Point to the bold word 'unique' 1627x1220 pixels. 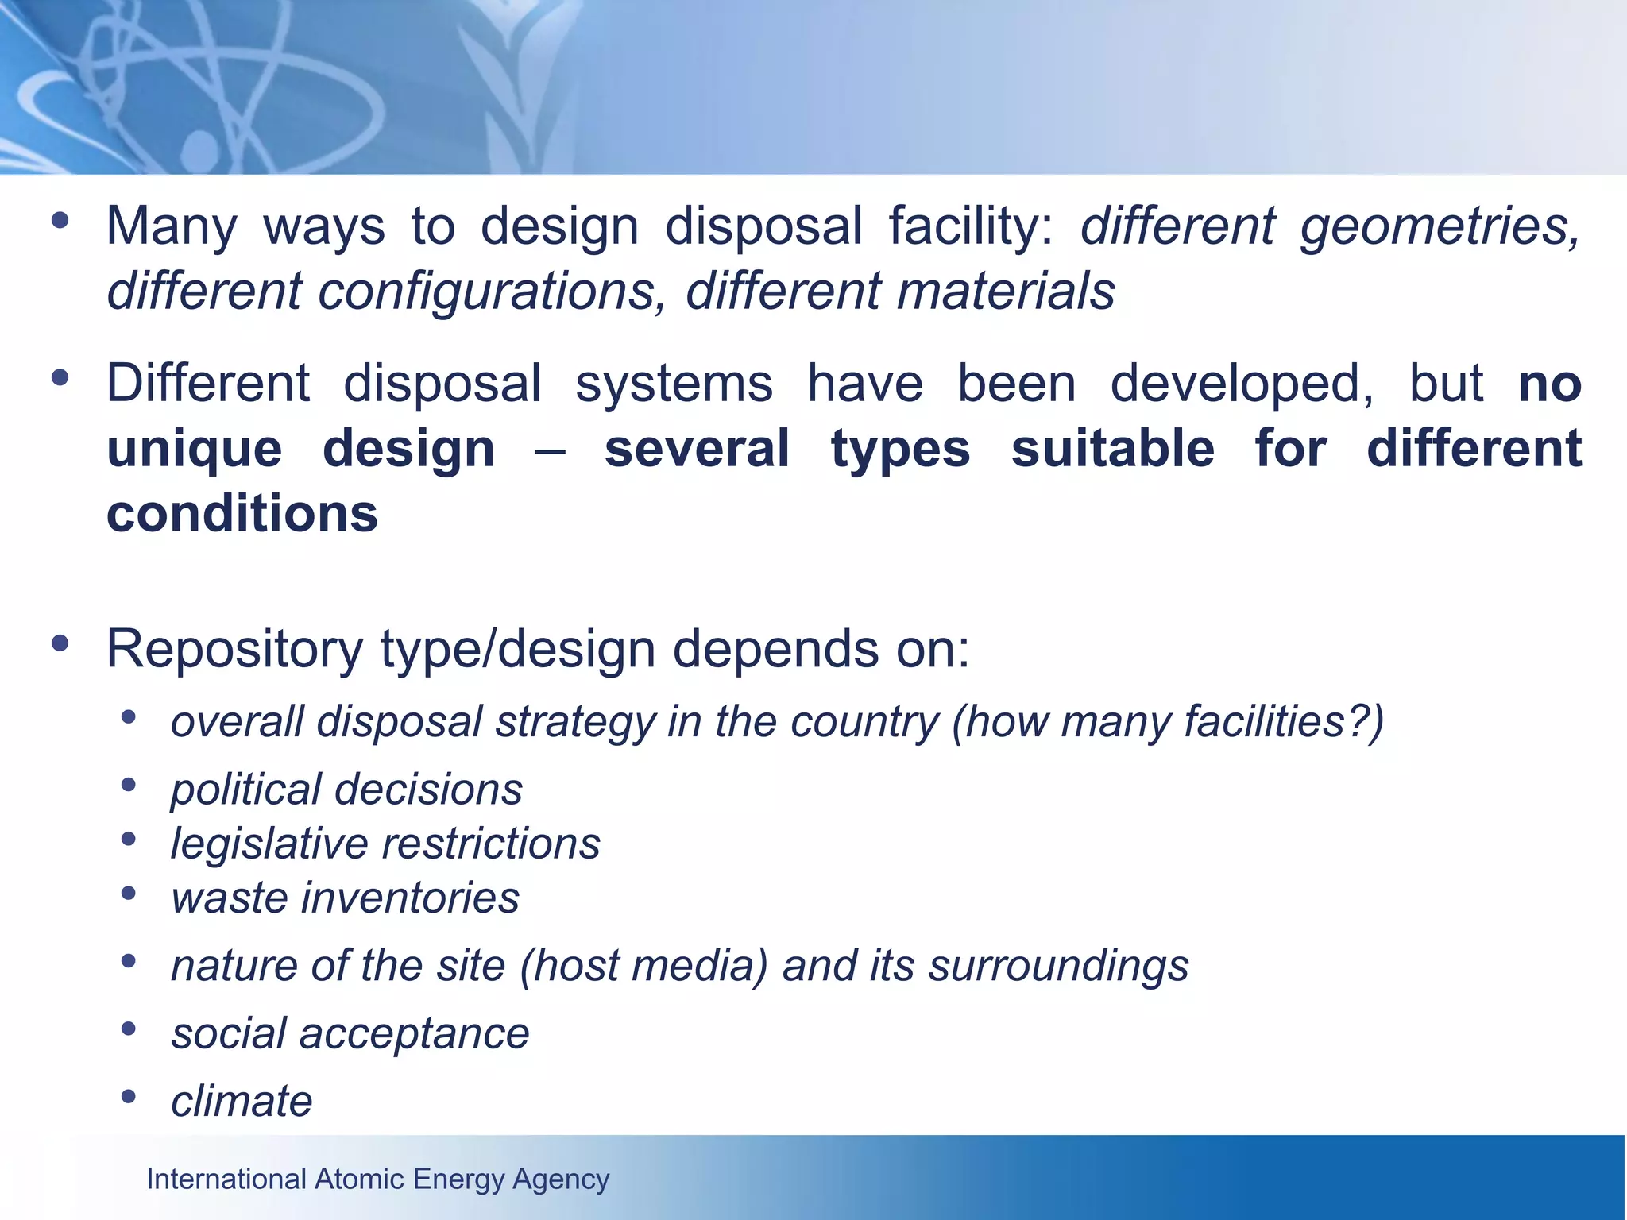pyautogui.click(x=195, y=450)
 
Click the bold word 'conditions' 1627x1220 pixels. pyautogui.click(x=242, y=514)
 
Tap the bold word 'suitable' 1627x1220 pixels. pyautogui.click(x=1112, y=449)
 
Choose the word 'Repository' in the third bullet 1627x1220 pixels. pyautogui.click(x=234, y=650)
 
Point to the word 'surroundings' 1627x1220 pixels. pyautogui.click(x=1059, y=967)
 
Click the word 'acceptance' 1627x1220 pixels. pyautogui.click(x=414, y=1034)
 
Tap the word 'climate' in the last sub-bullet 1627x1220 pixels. pyautogui.click(x=242, y=1102)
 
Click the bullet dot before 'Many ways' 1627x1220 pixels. pyautogui.click(x=60, y=221)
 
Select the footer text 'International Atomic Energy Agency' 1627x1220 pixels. pyautogui.click(x=378, y=1179)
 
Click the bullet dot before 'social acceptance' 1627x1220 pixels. pyautogui.click(x=129, y=1029)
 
